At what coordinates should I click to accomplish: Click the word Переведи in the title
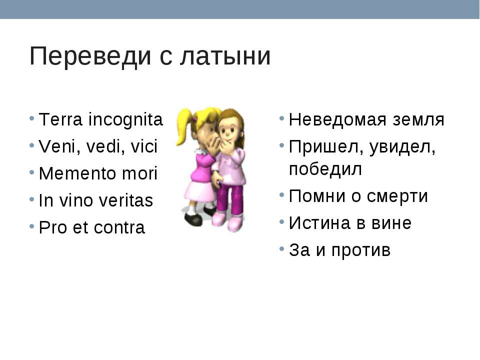coord(90,56)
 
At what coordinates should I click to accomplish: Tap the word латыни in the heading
coord(225,56)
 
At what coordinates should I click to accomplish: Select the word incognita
coord(125,119)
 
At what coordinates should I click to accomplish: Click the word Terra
coord(60,119)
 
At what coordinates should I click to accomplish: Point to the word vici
coord(144,146)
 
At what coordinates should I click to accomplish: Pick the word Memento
coord(77,173)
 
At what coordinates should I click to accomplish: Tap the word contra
coord(119,228)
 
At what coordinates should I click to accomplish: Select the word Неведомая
coord(337,119)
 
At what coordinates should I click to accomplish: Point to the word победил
coord(325,169)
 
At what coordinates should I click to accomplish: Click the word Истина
coord(319,223)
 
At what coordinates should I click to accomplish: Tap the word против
coord(361,250)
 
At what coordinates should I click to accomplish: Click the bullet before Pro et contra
coord(32,227)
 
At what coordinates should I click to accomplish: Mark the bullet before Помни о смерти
coord(282,195)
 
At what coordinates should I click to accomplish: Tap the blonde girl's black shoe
coord(193,219)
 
